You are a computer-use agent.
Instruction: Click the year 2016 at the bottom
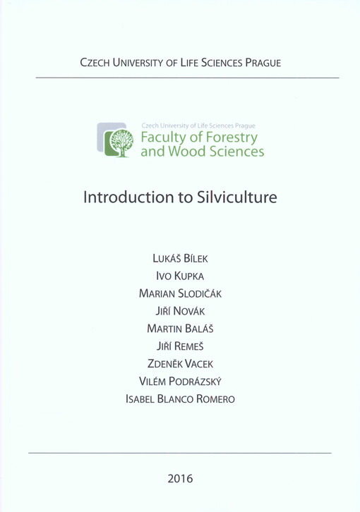(x=180, y=479)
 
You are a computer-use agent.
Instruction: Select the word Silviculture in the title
(x=236, y=195)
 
